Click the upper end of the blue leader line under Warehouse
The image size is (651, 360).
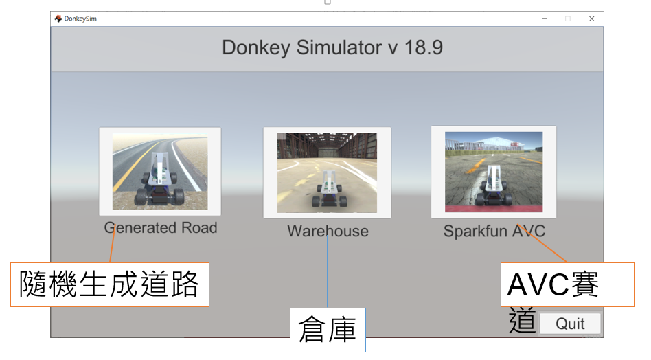(x=328, y=236)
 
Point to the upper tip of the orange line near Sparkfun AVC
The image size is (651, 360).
(x=517, y=225)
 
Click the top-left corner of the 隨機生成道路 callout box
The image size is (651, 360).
(x=11, y=263)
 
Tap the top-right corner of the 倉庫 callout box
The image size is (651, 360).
(x=365, y=308)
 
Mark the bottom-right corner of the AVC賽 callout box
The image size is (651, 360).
(x=634, y=306)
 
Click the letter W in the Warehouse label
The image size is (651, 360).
(x=295, y=232)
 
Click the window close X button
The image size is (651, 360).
(x=592, y=19)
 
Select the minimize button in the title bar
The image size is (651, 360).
(x=545, y=19)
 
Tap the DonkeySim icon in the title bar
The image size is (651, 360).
(x=58, y=19)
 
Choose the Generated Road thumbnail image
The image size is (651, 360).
(x=160, y=172)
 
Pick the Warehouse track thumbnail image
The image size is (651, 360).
(x=327, y=172)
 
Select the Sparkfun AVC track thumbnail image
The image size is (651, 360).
(x=494, y=172)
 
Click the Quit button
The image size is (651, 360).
(x=570, y=324)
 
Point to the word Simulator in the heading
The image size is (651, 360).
(x=339, y=47)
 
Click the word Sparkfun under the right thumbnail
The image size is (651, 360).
(x=475, y=232)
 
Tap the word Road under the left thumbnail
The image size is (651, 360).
(x=199, y=227)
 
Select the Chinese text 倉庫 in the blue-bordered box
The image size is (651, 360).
(x=328, y=330)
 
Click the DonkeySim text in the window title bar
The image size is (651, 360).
(x=80, y=19)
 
